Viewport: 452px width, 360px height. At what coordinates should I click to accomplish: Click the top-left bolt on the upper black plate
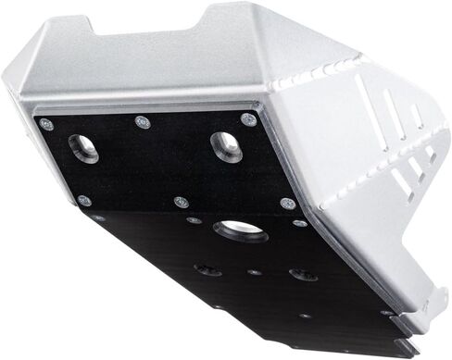46,124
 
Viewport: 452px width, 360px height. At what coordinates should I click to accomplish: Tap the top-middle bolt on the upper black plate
141,120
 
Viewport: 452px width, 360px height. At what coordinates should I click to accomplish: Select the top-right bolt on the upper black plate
246,119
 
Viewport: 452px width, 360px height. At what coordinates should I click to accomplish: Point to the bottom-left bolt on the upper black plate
84,200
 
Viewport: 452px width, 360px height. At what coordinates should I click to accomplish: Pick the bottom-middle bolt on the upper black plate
181,201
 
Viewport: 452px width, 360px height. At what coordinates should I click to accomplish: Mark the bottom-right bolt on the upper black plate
286,204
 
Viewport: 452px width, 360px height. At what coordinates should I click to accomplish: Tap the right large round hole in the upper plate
225,144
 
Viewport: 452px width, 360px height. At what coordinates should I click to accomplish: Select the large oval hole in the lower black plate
240,230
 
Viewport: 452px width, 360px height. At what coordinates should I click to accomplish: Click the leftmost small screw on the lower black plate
98,218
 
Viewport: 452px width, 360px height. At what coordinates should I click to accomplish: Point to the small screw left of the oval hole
193,220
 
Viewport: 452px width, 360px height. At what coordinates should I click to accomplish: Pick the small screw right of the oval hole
299,223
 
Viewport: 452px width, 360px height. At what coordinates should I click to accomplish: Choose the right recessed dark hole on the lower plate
302,275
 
